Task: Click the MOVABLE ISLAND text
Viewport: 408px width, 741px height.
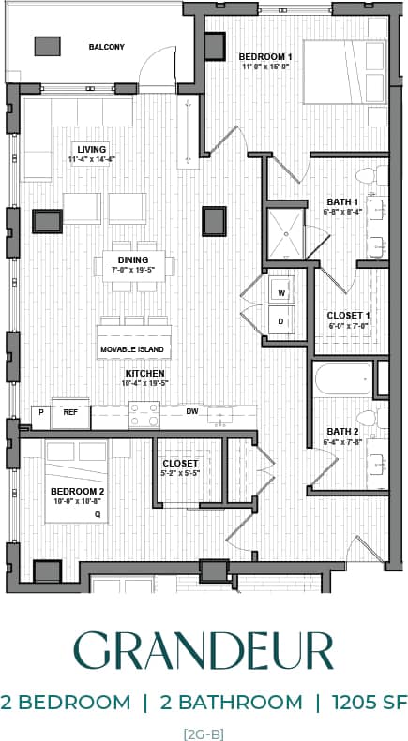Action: click(x=132, y=350)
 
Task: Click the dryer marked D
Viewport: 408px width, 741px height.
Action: click(x=281, y=321)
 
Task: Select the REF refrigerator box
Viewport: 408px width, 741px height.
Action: click(x=70, y=412)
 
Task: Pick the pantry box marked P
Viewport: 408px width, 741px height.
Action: click(x=41, y=412)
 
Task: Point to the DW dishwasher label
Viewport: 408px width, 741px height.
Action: click(x=191, y=411)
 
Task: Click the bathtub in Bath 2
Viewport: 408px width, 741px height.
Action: click(x=342, y=381)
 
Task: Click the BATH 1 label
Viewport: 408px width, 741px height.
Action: click(x=342, y=201)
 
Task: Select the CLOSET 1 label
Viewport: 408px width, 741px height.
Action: click(x=348, y=315)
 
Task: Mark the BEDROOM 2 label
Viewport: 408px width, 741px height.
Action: click(x=77, y=491)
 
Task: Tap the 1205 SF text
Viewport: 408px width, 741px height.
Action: click(x=364, y=703)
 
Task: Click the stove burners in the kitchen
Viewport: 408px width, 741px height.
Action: click(x=144, y=412)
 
